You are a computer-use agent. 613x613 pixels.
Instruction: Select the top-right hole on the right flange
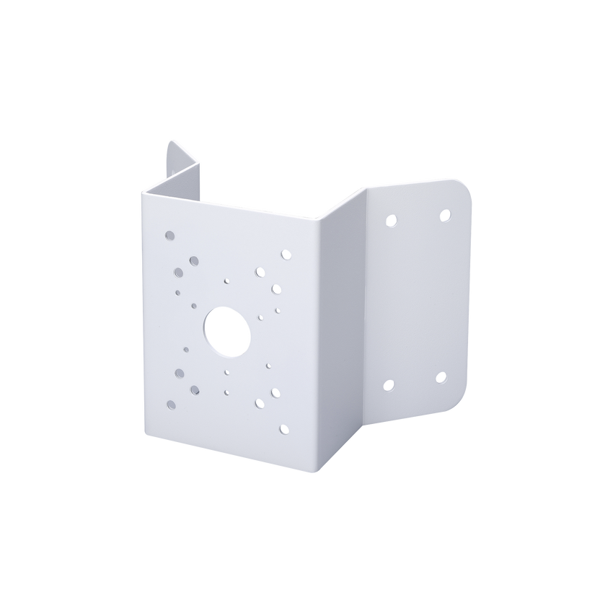tap(445, 214)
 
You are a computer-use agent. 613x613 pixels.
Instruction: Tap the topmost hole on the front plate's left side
tap(169, 235)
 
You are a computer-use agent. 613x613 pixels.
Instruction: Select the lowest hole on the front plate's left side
tap(170, 405)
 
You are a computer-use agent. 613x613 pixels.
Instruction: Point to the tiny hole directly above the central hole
tap(226, 281)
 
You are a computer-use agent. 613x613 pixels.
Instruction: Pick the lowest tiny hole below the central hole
tap(226, 393)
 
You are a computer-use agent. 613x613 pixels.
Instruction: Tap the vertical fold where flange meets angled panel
tap(367, 303)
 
